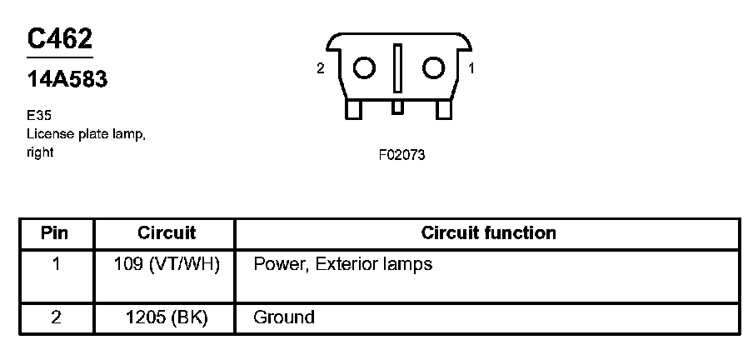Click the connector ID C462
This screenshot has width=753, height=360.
pyautogui.click(x=59, y=39)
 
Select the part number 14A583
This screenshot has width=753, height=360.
pyautogui.click(x=67, y=80)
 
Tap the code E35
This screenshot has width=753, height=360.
pyautogui.click(x=38, y=117)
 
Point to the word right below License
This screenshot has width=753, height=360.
pyautogui.click(x=40, y=152)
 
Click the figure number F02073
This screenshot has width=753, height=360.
pyautogui.click(x=401, y=154)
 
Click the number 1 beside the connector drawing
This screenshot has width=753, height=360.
pyautogui.click(x=471, y=69)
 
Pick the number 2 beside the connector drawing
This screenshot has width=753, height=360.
pyautogui.click(x=321, y=69)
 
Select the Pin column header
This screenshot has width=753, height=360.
pyautogui.click(x=55, y=232)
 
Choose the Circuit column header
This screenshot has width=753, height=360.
pyautogui.click(x=167, y=232)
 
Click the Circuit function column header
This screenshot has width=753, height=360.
pyautogui.click(x=488, y=232)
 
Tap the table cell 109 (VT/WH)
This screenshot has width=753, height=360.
pyautogui.click(x=167, y=265)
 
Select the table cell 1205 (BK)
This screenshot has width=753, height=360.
pyautogui.click(x=167, y=317)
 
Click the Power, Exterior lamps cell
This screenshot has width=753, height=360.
pyautogui.click(x=342, y=265)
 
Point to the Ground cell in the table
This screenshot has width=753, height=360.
pyautogui.click(x=283, y=317)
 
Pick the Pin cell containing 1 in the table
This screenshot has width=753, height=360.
pyautogui.click(x=55, y=265)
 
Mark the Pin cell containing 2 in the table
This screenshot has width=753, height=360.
pyautogui.click(x=55, y=317)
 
